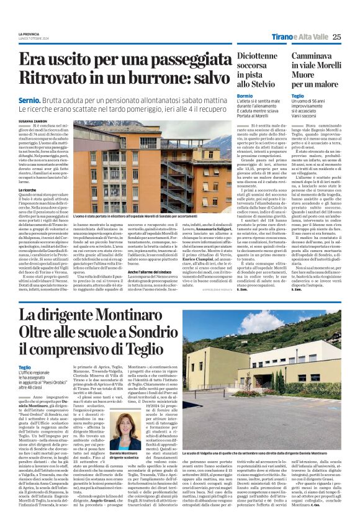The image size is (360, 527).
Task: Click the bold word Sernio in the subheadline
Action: coord(30,99)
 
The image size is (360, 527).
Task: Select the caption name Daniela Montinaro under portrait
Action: coord(124,456)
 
